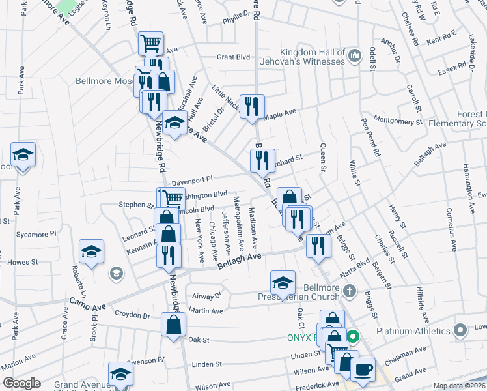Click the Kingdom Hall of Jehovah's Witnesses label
[312, 57]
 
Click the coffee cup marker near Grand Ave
[363, 369]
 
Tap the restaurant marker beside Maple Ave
[252, 106]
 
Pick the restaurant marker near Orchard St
[262, 160]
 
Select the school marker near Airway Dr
[283, 283]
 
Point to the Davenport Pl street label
[192, 179]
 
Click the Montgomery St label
[399, 122]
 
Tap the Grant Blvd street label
[234, 57]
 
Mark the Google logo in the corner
[21, 383]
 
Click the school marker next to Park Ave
[23, 156]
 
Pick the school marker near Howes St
[92, 252]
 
